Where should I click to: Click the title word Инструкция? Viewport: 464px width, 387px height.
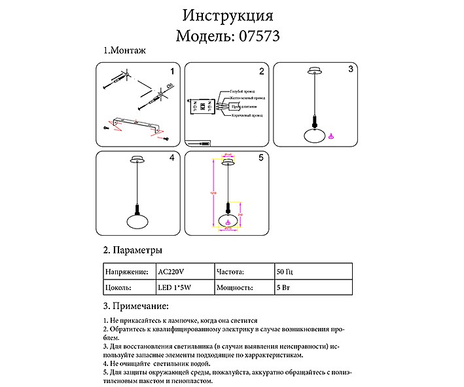228,15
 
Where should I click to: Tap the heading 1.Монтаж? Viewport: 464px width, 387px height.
124,50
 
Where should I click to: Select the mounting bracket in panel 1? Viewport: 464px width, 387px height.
137,124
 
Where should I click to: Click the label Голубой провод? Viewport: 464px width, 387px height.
242,92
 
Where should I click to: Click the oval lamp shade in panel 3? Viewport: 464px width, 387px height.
315,135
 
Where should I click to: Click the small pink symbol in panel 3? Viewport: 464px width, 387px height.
331,136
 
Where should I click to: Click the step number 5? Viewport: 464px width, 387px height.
260,158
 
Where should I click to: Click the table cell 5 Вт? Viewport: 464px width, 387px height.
283,287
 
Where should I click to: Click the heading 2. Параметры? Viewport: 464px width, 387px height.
133,251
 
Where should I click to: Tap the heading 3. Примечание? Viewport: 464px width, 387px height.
136,306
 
